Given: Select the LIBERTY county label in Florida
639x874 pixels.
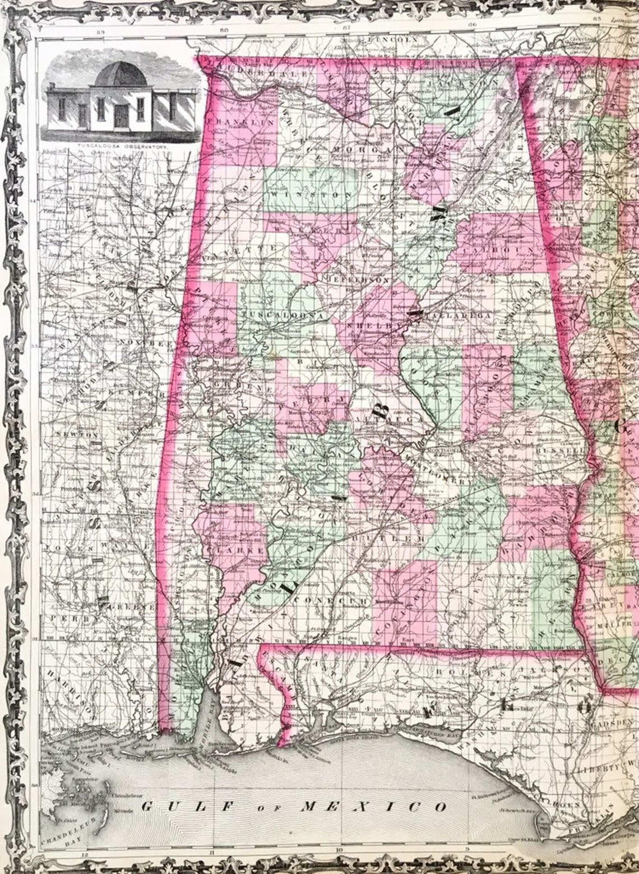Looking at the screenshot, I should [609, 767].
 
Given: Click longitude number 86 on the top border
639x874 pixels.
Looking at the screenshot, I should [473, 25].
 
